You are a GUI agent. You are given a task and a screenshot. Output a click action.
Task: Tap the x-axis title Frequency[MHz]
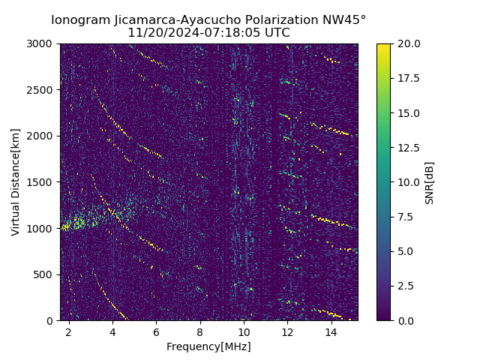(x=208, y=346)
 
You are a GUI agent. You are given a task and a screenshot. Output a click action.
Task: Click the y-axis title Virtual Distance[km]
(x=16, y=181)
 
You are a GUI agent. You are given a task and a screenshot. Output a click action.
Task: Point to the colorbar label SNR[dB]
(x=430, y=182)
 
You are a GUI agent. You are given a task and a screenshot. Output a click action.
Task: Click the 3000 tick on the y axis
(x=42, y=43)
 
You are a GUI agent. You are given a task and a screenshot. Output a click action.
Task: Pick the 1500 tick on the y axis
(x=42, y=182)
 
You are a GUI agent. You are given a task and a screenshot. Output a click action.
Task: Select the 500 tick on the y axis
(x=45, y=274)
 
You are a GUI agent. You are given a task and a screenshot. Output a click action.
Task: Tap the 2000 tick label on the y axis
(x=42, y=136)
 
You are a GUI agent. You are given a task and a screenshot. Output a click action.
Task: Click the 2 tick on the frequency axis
(x=69, y=331)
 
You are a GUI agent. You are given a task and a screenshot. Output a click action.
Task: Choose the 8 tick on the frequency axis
(x=200, y=331)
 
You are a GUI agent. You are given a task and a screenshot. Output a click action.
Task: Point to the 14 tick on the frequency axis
(x=331, y=331)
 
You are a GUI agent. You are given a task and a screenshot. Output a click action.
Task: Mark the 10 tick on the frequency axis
(x=244, y=331)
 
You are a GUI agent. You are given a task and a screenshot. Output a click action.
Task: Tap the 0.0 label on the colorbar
(x=404, y=320)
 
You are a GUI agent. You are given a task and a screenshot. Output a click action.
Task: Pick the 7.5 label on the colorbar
(x=404, y=217)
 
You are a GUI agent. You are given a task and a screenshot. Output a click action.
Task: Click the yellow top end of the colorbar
(x=383, y=46)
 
